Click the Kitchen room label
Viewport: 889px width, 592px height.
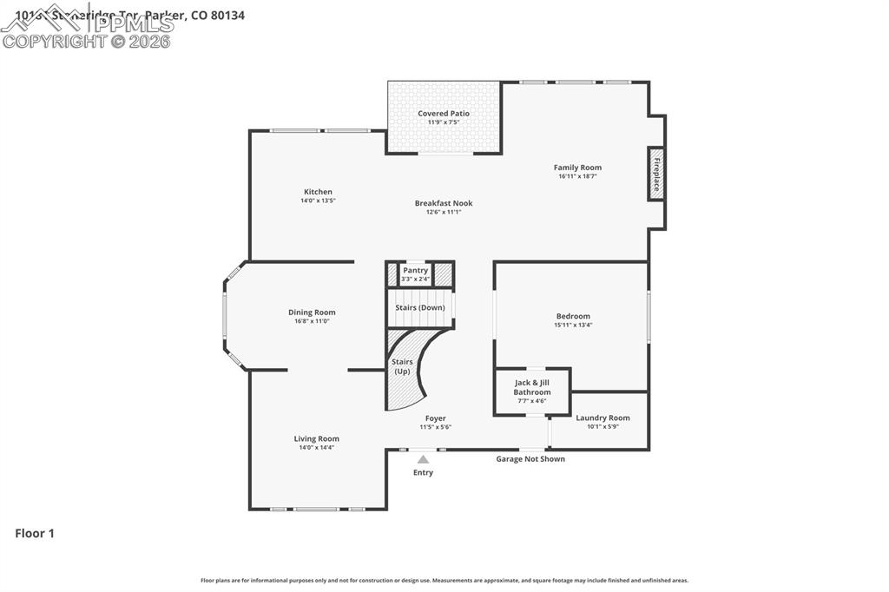(x=318, y=192)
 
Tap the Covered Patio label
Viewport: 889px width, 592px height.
(x=444, y=114)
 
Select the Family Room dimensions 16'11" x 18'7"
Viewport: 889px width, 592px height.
(x=577, y=176)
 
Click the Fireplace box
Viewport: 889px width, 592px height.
(x=656, y=174)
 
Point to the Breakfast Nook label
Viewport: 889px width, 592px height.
(x=444, y=203)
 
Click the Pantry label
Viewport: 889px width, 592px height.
(x=415, y=270)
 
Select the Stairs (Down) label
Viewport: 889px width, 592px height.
(x=419, y=307)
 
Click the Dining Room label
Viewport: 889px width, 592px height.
(x=312, y=312)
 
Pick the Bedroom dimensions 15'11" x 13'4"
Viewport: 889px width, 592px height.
(x=573, y=325)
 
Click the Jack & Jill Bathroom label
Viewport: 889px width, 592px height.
(x=531, y=387)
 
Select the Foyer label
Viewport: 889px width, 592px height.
(x=435, y=418)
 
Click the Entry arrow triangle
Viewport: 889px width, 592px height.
(x=423, y=460)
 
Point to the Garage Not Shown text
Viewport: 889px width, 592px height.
(x=530, y=459)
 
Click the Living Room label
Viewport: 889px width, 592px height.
(x=316, y=438)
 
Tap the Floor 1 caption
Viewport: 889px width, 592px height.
(x=35, y=534)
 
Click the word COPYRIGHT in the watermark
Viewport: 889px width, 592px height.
(x=55, y=41)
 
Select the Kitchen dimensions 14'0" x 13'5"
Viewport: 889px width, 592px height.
(x=318, y=201)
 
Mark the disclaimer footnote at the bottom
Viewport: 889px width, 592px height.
(x=444, y=581)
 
